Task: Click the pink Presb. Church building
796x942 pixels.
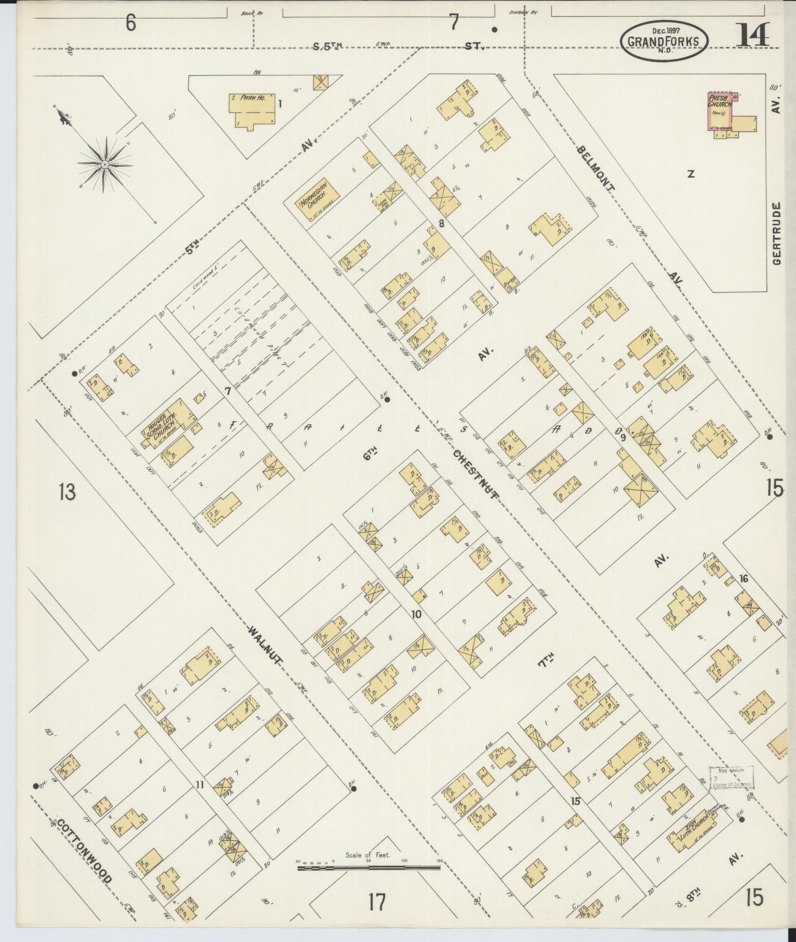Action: click(x=721, y=112)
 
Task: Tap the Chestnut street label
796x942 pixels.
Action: click(x=476, y=474)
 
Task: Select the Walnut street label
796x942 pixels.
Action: click(x=265, y=645)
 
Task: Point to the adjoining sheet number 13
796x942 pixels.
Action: click(x=67, y=491)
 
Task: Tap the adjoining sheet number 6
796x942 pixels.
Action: click(x=130, y=23)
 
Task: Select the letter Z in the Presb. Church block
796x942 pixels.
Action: click(x=690, y=174)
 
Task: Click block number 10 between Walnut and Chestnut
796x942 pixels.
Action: click(x=416, y=614)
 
